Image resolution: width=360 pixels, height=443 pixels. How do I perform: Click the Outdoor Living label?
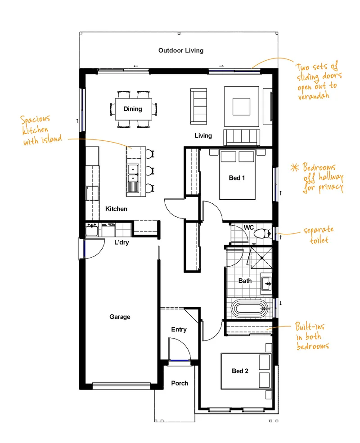coord(181,50)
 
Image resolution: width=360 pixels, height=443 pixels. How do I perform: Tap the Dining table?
coord(133,109)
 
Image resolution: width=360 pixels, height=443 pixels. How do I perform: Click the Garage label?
coord(120,317)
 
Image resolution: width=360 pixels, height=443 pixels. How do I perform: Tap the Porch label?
coord(180,383)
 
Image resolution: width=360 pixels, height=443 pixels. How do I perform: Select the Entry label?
coord(179,329)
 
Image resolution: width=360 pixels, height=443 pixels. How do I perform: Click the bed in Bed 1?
coord(237,175)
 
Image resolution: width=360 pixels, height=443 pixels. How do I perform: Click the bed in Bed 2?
coord(246,371)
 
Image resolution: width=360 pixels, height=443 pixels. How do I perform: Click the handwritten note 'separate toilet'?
coord(319,235)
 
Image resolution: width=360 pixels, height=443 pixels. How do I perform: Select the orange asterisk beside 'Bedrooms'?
coord(295,168)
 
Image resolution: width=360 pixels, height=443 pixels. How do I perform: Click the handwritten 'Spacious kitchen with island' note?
coord(41,130)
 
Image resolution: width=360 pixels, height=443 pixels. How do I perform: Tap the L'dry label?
coord(121,242)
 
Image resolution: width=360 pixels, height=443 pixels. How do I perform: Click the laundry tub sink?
coord(92,230)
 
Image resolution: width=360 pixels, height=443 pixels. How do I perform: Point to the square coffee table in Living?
coord(241,107)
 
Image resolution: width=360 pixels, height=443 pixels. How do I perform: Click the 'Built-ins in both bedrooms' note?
coord(312,336)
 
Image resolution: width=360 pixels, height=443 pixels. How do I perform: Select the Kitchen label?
coord(116,209)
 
